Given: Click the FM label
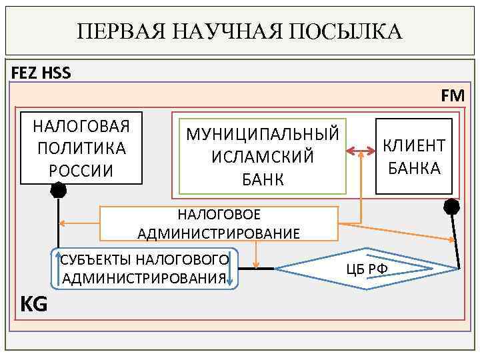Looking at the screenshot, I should pos(453,96).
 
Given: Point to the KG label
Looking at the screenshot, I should pos(34,305).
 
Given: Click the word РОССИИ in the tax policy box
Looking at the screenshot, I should pos(82,171).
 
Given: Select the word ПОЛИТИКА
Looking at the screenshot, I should pos(82,148).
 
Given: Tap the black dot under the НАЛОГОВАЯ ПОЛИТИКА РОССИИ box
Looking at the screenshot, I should pos(59,191).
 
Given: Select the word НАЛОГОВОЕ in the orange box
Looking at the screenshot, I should pos(219,215).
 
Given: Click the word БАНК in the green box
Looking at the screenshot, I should pos(263,179).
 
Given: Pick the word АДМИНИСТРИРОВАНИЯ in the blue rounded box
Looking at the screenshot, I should pos(143,278).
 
